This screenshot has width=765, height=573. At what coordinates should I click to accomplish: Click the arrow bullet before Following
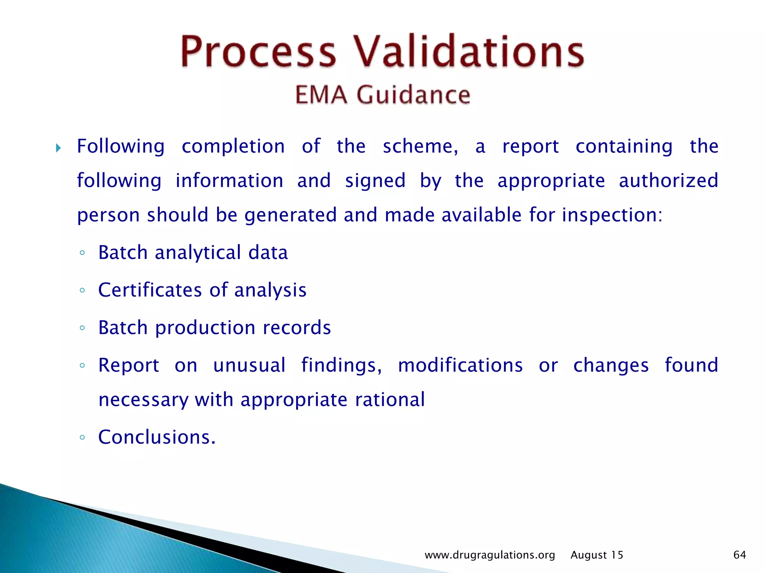coord(58,148)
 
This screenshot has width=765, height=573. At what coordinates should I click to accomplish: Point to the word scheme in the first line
coord(420,147)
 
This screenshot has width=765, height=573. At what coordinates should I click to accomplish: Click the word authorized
coord(668,181)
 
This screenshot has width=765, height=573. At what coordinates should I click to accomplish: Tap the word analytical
coord(198,253)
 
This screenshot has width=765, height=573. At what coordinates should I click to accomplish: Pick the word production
coord(205,328)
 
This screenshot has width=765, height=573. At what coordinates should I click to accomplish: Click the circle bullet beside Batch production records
coord(83,328)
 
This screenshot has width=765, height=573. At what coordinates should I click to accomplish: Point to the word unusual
coord(249,365)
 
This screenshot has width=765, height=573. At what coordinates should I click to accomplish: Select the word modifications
coord(460,365)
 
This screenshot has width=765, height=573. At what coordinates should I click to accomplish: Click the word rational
coord(390,400)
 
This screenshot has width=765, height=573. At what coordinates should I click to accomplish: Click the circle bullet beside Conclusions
coord(83,437)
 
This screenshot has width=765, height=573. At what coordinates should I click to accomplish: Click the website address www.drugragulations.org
coord(490,555)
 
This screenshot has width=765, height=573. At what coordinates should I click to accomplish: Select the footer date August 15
coord(597,555)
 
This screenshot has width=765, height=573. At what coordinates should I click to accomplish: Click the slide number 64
coord(740,555)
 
